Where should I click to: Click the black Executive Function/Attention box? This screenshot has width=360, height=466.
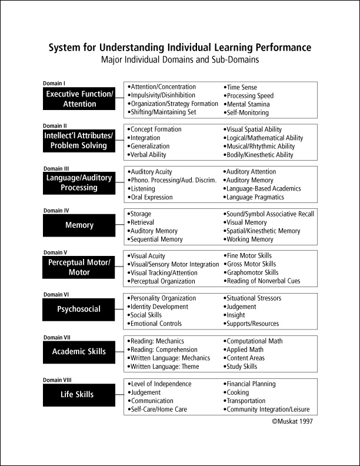(x=79, y=99)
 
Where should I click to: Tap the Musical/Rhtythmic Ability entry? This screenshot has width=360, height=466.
(x=261, y=147)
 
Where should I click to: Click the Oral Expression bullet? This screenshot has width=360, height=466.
(x=151, y=197)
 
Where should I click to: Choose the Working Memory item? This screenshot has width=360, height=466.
(x=249, y=239)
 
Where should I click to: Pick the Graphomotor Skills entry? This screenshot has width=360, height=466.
(x=252, y=272)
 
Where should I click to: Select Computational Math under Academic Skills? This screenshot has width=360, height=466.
(x=254, y=341)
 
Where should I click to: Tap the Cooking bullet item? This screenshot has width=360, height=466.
(x=238, y=392)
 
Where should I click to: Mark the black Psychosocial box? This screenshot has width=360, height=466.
(x=79, y=309)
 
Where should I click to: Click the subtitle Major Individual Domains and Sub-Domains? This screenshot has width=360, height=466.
(x=180, y=60)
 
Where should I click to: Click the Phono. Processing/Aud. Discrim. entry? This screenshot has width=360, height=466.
(x=173, y=180)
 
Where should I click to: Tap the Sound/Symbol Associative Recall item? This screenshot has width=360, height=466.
(x=270, y=214)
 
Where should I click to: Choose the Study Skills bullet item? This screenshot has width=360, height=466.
(x=241, y=367)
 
